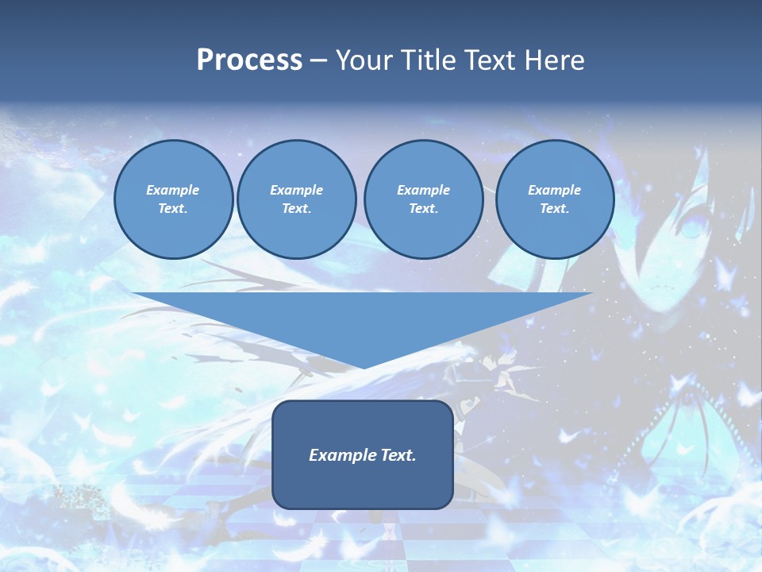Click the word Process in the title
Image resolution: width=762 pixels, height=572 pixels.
[x=249, y=60]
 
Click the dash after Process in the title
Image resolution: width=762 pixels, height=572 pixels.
[x=319, y=61]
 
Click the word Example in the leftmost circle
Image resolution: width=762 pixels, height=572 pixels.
[x=173, y=190]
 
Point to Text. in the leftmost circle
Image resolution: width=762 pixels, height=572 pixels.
[x=173, y=209]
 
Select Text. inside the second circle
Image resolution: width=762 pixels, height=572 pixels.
[x=296, y=209]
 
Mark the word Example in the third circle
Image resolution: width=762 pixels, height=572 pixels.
[x=423, y=190]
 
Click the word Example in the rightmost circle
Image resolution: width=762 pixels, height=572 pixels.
[x=554, y=190]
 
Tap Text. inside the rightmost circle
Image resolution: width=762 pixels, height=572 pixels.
[x=554, y=209]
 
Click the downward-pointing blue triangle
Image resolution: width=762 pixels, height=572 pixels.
[x=362, y=318]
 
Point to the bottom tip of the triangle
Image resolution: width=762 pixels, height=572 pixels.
[x=363, y=366]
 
